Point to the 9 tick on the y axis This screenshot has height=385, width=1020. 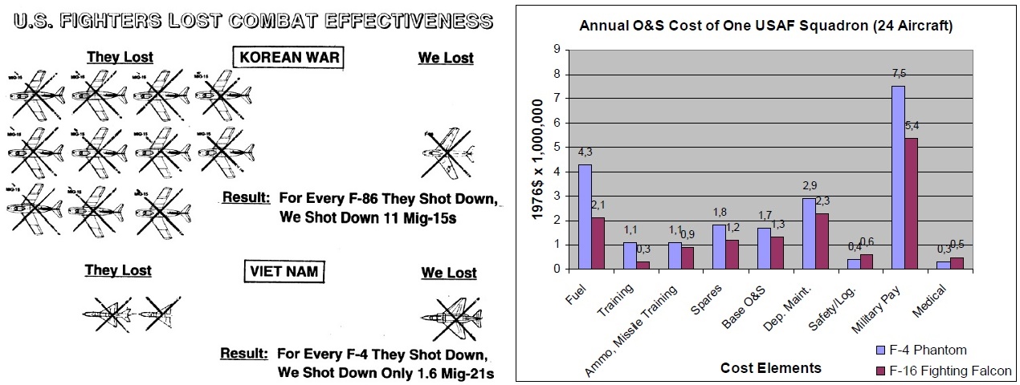(x=556, y=50)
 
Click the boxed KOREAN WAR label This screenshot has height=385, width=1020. (x=288, y=57)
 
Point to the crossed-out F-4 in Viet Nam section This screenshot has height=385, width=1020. (x=452, y=318)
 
